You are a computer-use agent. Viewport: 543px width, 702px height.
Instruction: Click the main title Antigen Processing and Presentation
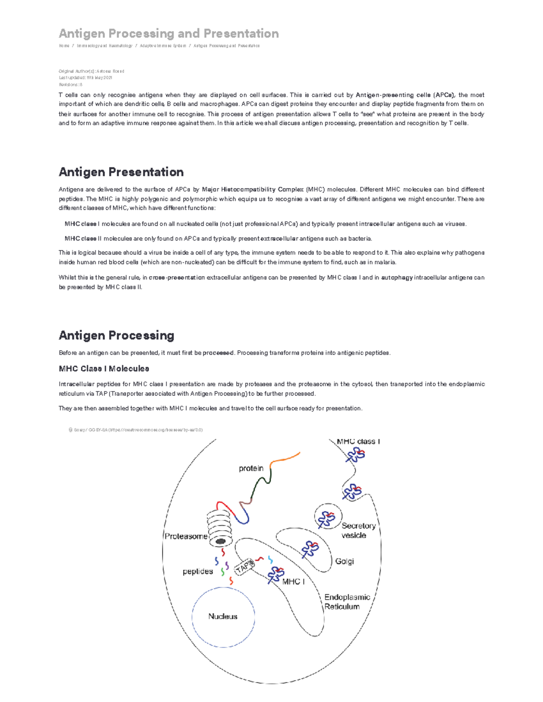click(168, 33)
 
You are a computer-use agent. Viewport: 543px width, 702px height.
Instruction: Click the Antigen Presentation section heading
click(121, 172)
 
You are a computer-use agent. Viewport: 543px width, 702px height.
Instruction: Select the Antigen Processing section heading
click(116, 335)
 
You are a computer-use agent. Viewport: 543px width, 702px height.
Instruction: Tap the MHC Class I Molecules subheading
click(104, 368)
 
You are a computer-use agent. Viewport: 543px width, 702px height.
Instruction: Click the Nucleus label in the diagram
click(223, 616)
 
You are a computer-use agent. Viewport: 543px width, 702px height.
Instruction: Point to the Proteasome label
click(186, 536)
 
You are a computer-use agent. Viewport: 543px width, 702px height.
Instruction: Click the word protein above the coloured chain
click(251, 468)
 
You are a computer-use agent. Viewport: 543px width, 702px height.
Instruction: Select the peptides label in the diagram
click(198, 571)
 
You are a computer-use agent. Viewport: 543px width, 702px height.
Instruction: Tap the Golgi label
click(344, 561)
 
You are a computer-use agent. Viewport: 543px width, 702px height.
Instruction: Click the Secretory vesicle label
click(358, 530)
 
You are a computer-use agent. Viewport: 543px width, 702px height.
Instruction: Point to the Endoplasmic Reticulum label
click(347, 602)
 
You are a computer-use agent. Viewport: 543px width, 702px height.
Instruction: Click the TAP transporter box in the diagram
click(244, 566)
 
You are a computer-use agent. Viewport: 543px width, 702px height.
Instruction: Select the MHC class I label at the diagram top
click(358, 442)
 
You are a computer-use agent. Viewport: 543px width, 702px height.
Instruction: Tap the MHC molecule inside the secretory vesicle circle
click(327, 519)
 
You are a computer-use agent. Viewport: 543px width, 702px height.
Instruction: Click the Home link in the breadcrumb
click(64, 46)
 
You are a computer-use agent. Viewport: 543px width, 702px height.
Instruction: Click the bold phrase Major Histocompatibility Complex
click(252, 189)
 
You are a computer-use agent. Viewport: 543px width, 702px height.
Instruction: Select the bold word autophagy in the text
click(397, 278)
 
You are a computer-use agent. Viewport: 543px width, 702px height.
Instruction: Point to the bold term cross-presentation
click(176, 278)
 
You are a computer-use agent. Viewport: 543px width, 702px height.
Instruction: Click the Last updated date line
click(86, 78)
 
